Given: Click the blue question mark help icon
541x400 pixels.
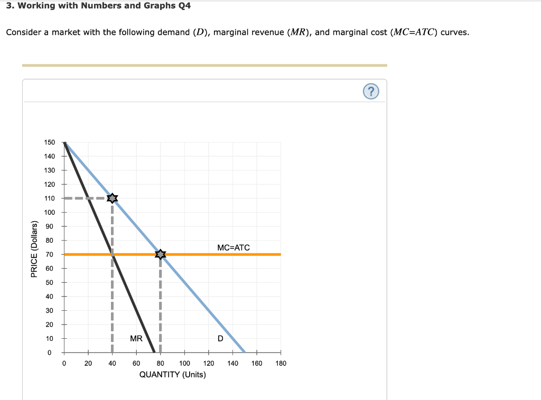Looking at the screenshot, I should (371, 92).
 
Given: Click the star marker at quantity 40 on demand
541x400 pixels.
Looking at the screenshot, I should (112, 198).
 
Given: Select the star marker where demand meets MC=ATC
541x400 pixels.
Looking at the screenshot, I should (161, 254).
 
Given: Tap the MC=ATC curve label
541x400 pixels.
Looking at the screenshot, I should (233, 247).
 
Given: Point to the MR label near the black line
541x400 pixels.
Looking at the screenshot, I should (136, 339).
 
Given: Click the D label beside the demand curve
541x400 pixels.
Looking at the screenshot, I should (220, 339).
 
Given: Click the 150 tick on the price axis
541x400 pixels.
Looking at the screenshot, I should (50, 142).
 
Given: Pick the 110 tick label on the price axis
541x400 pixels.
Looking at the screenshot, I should (50, 198).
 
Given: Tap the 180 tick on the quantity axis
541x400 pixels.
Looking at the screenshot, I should (281, 363).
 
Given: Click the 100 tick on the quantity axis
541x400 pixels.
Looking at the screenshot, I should (185, 363).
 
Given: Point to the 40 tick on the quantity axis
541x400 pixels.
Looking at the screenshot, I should (112, 363).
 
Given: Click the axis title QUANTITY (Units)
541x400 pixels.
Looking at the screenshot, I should (172, 375).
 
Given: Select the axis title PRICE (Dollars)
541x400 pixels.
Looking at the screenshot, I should (34, 249).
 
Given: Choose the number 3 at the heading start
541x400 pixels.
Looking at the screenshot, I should (8, 6).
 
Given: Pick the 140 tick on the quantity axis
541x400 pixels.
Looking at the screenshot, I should (233, 363).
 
